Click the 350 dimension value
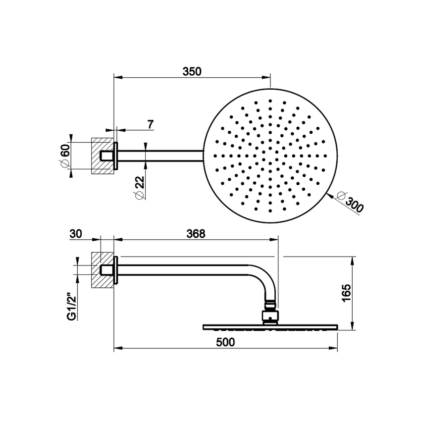tap(192, 71)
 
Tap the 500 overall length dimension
tap(225, 342)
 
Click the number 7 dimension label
tap(150, 124)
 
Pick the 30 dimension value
tap(76, 233)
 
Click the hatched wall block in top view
tap(102, 156)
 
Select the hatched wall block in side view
tap(102, 270)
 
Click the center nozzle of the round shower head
tap(270, 156)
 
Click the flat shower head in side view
tap(270, 326)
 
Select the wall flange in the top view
tap(116, 156)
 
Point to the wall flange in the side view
tap(116, 270)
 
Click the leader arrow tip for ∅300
tap(329, 195)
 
